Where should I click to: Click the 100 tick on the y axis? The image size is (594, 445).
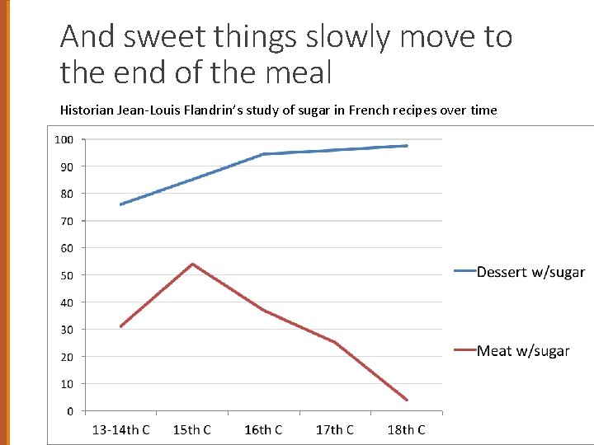[64, 140]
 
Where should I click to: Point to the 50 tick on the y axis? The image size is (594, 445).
[67, 275]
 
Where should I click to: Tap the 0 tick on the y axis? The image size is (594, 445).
[70, 411]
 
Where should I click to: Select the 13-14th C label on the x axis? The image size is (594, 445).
[120, 429]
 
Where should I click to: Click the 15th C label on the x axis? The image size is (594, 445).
[191, 429]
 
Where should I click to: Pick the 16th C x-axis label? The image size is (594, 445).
[263, 429]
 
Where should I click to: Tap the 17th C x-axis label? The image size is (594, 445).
[335, 429]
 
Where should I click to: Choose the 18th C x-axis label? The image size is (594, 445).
[406, 429]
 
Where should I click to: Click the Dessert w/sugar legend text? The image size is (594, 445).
[530, 272]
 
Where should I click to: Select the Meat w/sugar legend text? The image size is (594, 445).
[523, 351]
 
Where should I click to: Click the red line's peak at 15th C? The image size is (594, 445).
[192, 264]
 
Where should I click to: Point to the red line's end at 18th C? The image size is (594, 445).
[407, 400]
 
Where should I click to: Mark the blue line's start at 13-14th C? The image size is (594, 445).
[120, 204]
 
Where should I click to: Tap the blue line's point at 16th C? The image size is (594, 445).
[263, 154]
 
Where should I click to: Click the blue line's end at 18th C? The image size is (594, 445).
[407, 146]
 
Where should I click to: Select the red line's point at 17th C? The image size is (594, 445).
[335, 342]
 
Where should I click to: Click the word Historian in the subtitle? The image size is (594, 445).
[87, 110]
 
